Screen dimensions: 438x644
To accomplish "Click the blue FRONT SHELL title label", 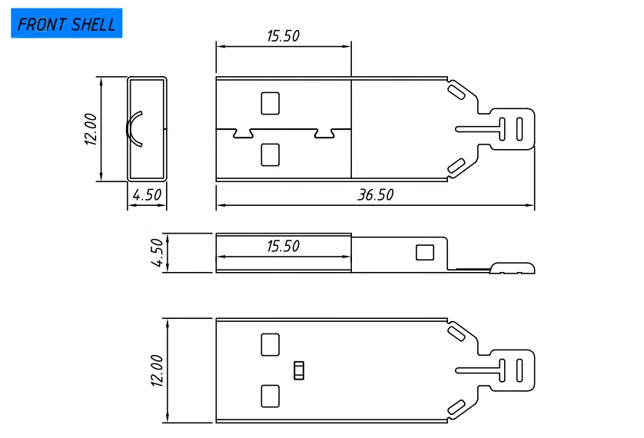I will pos(66,24).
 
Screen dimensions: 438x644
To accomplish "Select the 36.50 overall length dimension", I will pos(375,195).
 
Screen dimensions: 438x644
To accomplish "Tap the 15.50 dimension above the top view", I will pos(283,35).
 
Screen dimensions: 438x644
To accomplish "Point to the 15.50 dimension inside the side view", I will pos(283,247).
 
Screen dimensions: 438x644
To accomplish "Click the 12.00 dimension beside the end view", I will pos(91,128).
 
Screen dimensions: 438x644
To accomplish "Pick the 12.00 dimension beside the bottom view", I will pos(156,370).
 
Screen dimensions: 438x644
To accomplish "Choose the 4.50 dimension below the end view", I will pos(147,195).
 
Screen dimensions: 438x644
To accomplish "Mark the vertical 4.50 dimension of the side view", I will pos(157,253).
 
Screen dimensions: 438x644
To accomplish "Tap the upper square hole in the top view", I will pos(271,103).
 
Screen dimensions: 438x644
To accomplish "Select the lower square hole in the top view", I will pos(271,154).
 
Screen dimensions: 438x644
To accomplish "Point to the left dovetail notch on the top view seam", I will pos(244,134).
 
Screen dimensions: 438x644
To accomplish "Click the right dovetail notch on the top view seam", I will pos(324,134).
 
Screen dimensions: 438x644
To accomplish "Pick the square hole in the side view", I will pos(424,252).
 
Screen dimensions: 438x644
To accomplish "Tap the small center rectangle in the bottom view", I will pos(299,370).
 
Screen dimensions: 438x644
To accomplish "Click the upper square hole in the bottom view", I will pos(271,344).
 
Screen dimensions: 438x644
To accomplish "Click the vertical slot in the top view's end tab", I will pos(520,128).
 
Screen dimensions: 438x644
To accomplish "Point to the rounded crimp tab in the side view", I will pos(513,267).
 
